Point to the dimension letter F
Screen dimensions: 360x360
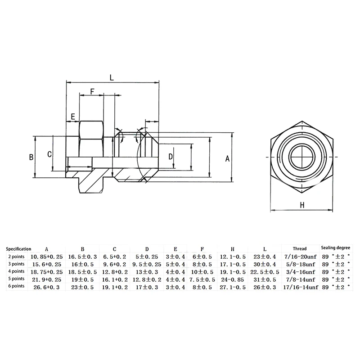coord(91,91)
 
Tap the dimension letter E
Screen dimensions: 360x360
coord(72,117)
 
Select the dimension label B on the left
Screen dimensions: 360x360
coord(31,157)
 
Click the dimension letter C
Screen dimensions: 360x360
coord(49,154)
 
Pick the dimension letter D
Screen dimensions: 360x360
coord(171,157)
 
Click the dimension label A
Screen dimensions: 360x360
coord(227,158)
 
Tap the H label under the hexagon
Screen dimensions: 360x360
coord(302,205)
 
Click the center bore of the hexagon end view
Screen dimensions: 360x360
coord(302,157)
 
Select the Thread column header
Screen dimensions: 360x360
coord(299,248)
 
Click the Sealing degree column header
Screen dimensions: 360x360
coord(335,248)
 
